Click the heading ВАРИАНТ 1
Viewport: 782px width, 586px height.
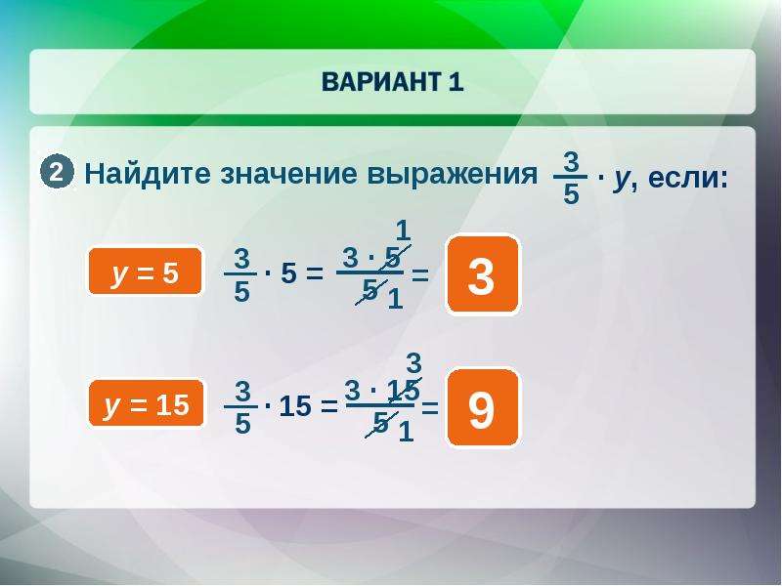click(x=393, y=82)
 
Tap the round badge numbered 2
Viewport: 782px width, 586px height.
click(x=57, y=173)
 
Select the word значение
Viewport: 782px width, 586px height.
click(x=288, y=175)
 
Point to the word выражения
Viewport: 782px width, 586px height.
click(x=452, y=175)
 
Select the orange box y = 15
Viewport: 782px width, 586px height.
click(x=146, y=403)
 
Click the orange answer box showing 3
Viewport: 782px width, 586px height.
click(x=482, y=274)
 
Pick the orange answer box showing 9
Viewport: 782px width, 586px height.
click(x=482, y=408)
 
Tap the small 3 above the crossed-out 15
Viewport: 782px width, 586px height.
click(x=413, y=362)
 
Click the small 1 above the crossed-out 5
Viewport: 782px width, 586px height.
click(x=403, y=230)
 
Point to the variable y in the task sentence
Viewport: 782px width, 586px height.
click(x=622, y=179)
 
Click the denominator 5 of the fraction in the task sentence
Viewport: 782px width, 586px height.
click(x=571, y=193)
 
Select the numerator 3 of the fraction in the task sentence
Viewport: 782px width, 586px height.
click(x=571, y=161)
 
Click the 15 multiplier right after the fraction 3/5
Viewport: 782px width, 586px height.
click(x=295, y=406)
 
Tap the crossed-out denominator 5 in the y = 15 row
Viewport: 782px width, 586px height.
click(x=381, y=423)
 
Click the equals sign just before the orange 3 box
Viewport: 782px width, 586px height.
click(x=420, y=274)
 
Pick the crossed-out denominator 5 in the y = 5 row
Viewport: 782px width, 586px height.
click(x=370, y=289)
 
